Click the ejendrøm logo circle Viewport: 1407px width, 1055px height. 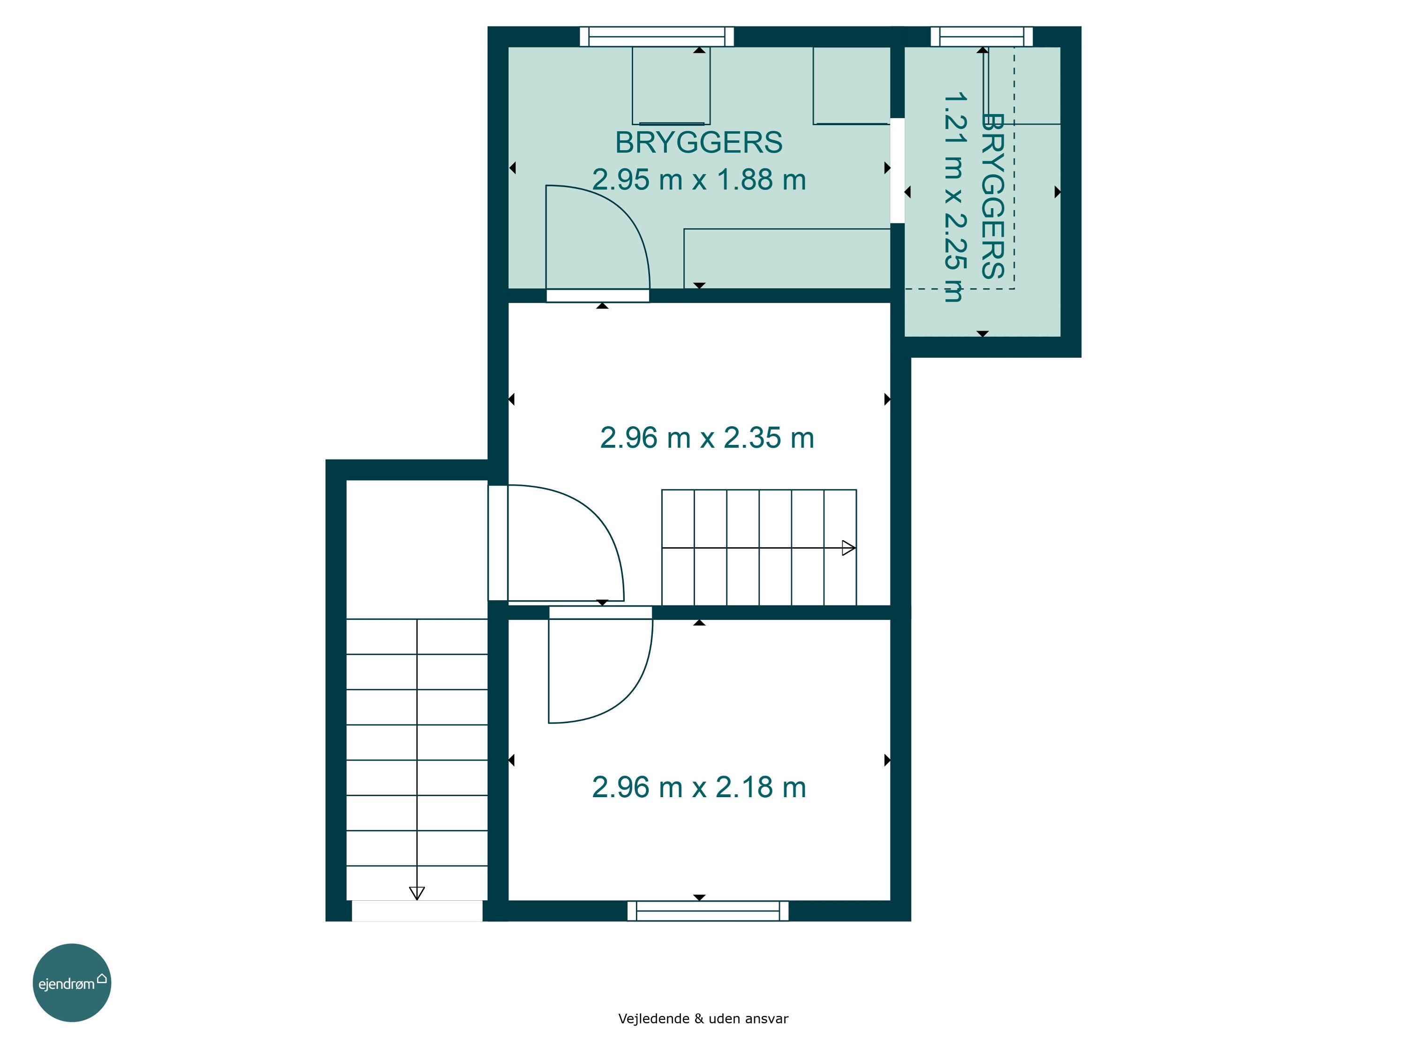click(72, 982)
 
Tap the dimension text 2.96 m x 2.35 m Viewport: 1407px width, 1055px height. click(707, 438)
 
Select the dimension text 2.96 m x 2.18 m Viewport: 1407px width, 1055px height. click(699, 787)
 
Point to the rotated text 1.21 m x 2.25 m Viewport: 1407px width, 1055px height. click(954, 197)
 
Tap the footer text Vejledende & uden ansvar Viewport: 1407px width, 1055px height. click(703, 1019)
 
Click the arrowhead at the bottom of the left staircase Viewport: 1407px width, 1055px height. click(416, 894)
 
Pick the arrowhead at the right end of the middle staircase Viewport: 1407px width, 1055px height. click(848, 548)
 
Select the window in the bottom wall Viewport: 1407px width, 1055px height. click(708, 911)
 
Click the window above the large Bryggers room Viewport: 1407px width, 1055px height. click(657, 36)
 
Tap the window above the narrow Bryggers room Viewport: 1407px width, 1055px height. click(982, 36)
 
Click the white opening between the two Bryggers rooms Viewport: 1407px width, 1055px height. click(897, 170)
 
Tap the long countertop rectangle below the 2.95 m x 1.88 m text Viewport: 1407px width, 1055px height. click(787, 258)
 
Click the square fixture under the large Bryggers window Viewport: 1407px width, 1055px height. click(671, 86)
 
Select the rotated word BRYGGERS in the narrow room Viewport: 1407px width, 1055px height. click(993, 196)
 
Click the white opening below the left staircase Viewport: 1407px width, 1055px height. click(417, 911)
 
